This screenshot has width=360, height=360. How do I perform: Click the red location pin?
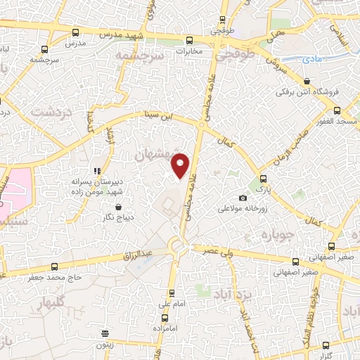[x=181, y=165]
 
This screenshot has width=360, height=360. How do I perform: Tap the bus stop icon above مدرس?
[x=75, y=32]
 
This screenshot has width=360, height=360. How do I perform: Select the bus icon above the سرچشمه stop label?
[x=45, y=49]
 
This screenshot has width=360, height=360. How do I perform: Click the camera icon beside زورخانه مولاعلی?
[x=243, y=198]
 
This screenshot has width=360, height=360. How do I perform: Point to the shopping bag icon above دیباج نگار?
[x=117, y=207]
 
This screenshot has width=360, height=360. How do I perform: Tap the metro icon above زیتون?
[x=105, y=333]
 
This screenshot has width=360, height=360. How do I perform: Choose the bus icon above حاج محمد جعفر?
[x=56, y=266]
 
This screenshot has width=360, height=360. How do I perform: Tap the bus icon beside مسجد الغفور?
[x=337, y=110]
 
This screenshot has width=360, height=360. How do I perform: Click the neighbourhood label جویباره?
[x=276, y=233]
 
